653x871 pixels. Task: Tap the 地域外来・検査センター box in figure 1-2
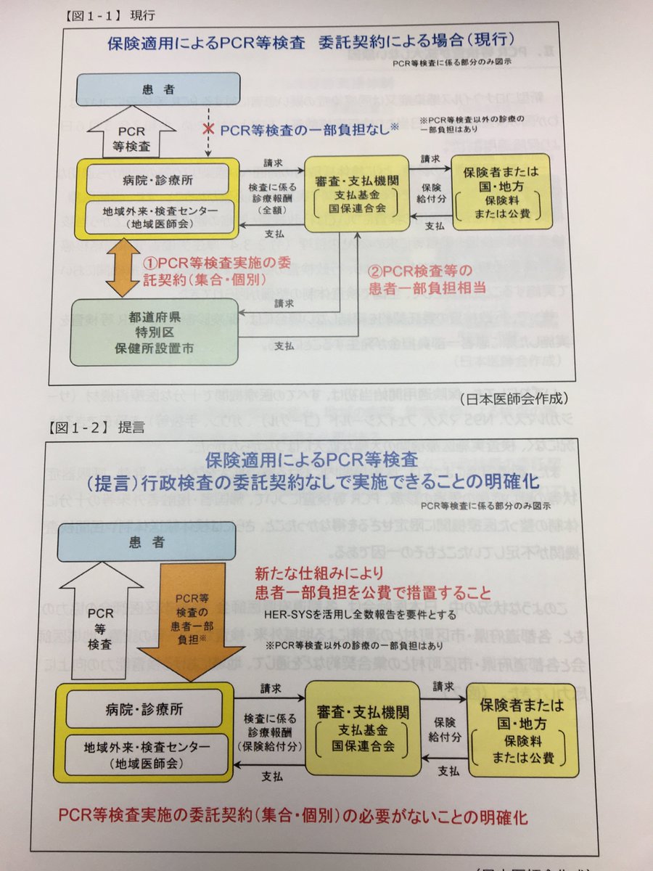click(139, 753)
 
